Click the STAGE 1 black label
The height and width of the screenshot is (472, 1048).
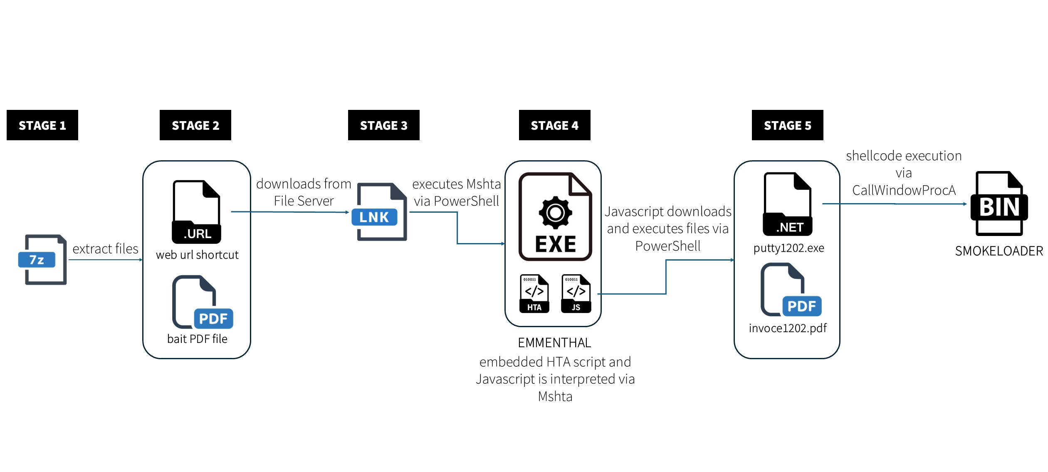click(42, 125)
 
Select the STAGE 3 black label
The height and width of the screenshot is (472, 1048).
click(383, 125)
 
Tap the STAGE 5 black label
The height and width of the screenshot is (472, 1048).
click(787, 125)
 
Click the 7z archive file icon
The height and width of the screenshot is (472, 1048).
click(42, 260)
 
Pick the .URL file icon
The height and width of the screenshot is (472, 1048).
click(196, 212)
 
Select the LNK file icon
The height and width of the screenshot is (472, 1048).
click(379, 212)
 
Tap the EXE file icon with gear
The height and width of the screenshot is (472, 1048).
click(555, 217)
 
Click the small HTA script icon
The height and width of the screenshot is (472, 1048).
click(534, 293)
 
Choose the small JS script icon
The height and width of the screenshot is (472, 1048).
click(576, 293)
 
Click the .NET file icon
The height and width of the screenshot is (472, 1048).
click(787, 204)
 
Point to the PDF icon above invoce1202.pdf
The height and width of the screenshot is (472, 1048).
click(790, 290)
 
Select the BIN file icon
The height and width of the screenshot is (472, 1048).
click(999, 204)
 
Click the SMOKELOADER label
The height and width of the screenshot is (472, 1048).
click(999, 251)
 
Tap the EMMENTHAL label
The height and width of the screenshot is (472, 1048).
click(554, 343)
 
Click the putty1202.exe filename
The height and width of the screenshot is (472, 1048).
click(788, 248)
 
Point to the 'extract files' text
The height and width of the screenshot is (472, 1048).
click(105, 249)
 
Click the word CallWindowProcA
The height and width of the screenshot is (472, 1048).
click(904, 190)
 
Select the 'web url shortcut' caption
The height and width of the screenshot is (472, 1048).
click(197, 255)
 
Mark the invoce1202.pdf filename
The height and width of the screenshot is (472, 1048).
click(788, 328)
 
